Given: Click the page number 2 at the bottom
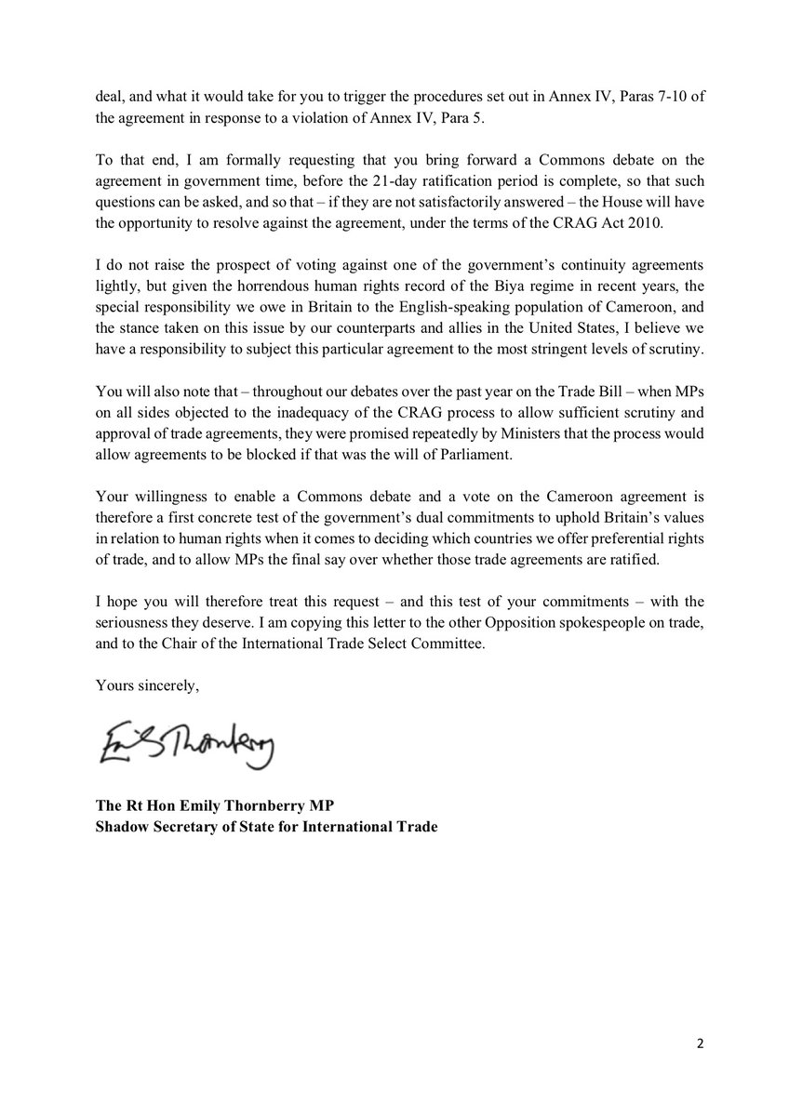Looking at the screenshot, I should [x=699, y=1044].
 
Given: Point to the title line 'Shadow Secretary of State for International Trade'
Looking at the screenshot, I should [x=265, y=822].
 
